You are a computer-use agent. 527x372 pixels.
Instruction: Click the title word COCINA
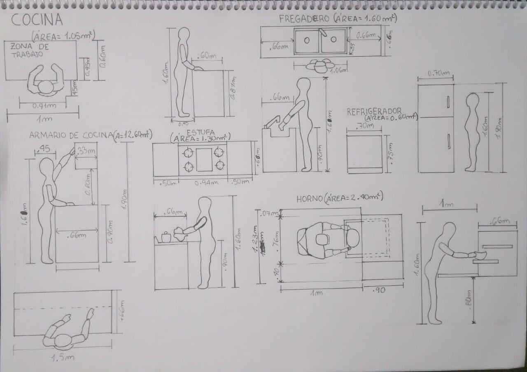(x=37, y=19)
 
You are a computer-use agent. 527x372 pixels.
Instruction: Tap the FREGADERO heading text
(x=304, y=19)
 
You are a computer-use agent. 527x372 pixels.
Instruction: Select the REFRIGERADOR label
(x=374, y=112)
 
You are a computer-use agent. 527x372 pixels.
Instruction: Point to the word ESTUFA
(x=201, y=133)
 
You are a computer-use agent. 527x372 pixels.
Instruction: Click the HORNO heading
(x=309, y=199)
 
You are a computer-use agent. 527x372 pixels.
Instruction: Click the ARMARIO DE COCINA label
(x=70, y=135)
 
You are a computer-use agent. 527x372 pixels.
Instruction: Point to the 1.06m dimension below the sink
(x=339, y=70)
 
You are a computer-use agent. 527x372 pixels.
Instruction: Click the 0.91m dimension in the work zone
(x=44, y=106)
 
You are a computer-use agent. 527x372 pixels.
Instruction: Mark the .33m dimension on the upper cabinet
(x=86, y=151)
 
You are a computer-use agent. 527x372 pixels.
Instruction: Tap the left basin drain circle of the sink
(x=307, y=40)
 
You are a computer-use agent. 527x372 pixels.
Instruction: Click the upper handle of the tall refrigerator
(x=448, y=101)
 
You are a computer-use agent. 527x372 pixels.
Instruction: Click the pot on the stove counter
(x=166, y=237)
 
